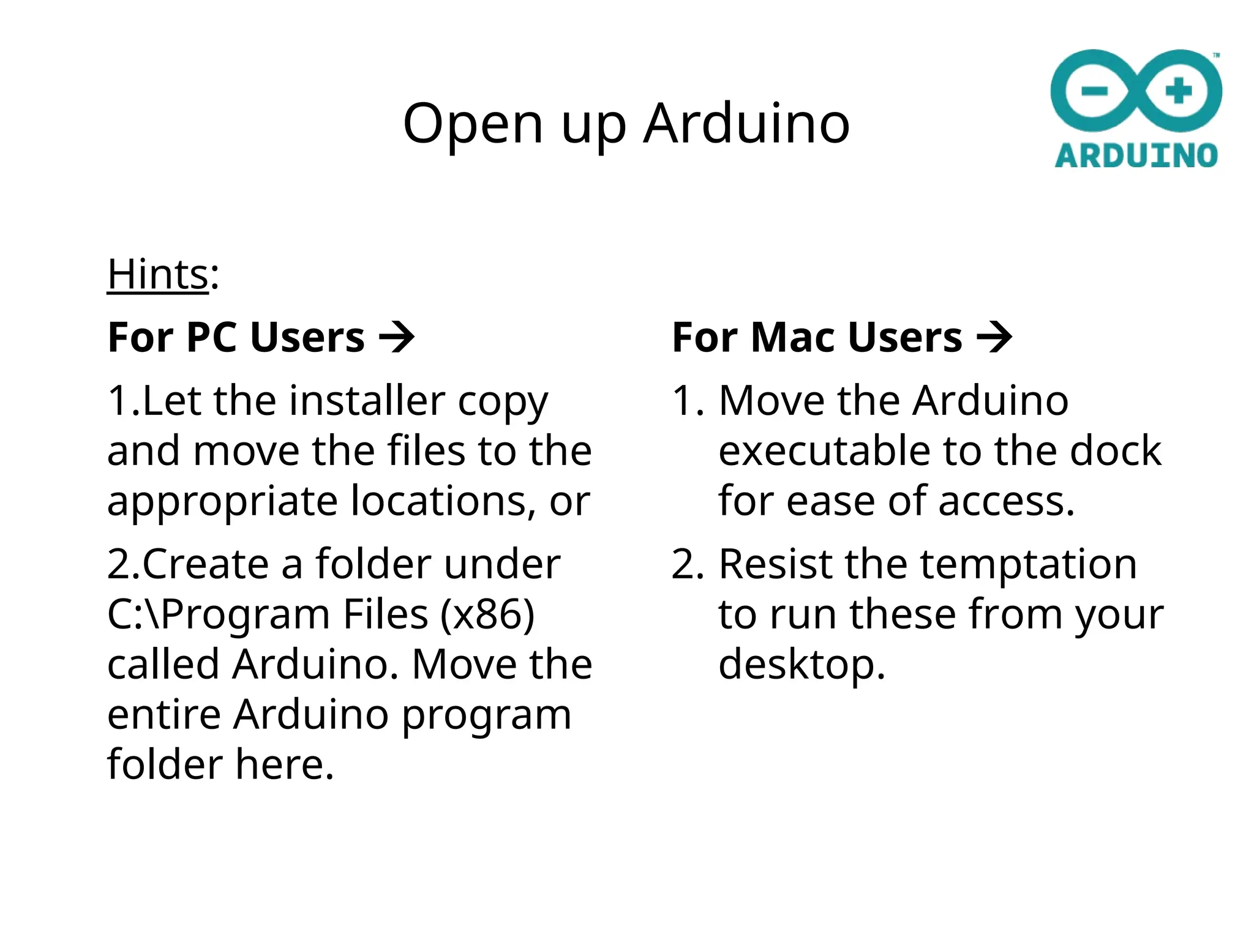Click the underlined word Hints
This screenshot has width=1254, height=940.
[x=158, y=274]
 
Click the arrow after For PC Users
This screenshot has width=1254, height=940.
[x=397, y=337]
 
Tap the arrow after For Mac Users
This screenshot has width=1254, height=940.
[x=994, y=337]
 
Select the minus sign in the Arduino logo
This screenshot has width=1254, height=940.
[x=1094, y=92]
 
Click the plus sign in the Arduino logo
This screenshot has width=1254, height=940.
[x=1179, y=92]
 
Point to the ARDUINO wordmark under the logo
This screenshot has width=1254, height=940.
[x=1136, y=155]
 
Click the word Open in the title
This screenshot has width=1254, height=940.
[x=473, y=124]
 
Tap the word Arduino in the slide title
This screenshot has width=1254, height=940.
[x=746, y=124]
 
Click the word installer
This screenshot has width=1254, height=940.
[x=367, y=401]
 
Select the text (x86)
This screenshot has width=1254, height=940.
[x=487, y=614]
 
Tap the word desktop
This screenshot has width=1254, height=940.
[x=802, y=665]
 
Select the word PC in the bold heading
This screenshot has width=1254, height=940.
[x=211, y=337]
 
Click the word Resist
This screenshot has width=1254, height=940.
[x=775, y=564]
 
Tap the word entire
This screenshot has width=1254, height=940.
[x=163, y=714]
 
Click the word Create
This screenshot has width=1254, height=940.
[x=205, y=564]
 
